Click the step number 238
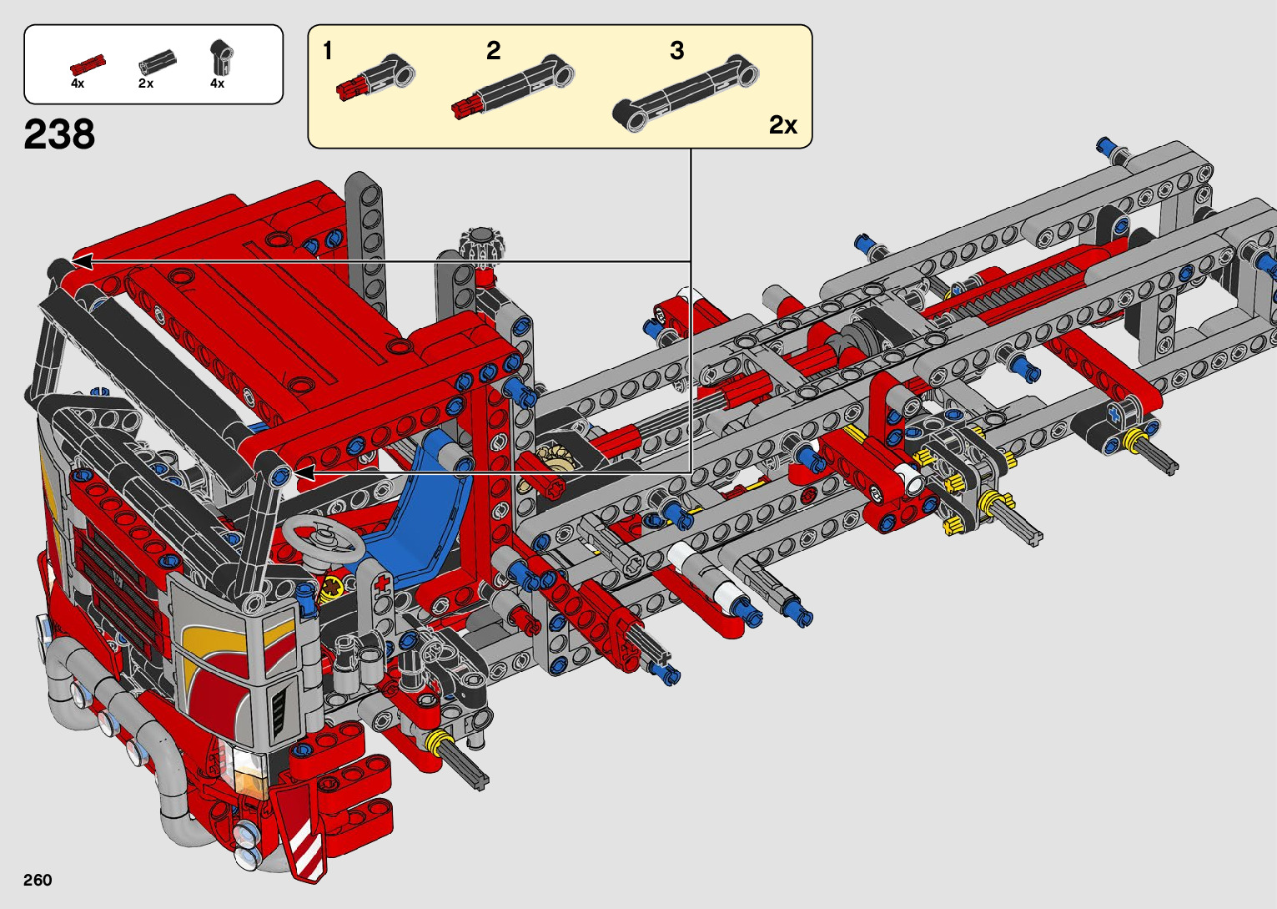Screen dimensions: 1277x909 click(59, 134)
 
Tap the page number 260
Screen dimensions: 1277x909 click(38, 879)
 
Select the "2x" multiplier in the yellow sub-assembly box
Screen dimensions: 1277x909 click(782, 125)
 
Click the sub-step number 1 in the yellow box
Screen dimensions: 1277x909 click(327, 51)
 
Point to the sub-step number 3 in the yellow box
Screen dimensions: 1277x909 click(676, 51)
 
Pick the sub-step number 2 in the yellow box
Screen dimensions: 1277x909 click(493, 51)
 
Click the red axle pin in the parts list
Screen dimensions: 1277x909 click(88, 64)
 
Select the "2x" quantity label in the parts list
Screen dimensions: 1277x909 click(146, 83)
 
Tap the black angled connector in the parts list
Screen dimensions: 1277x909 click(222, 57)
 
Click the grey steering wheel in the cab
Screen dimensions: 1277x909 click(324, 538)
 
